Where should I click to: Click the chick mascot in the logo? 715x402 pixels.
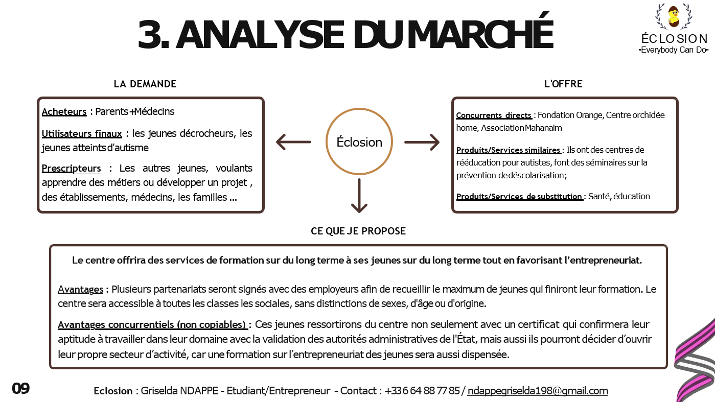(x=674, y=16)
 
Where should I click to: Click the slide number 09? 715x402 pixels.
(x=21, y=389)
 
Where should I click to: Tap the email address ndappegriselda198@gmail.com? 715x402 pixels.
(x=538, y=391)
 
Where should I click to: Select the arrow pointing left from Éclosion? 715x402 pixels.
(x=293, y=142)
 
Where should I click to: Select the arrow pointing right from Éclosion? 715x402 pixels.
(x=422, y=142)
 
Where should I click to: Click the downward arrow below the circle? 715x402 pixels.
(x=359, y=196)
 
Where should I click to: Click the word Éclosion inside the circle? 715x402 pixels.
(x=359, y=142)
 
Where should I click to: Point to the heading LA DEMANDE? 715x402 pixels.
(x=145, y=84)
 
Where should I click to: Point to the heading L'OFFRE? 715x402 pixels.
(x=563, y=84)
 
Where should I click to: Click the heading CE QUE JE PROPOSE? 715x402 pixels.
(x=358, y=231)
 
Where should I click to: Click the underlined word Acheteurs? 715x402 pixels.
(x=64, y=112)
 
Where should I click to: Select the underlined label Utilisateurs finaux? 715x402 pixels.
(x=82, y=133)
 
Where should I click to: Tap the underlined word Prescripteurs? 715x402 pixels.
(x=71, y=168)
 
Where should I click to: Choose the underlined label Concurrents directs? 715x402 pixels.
(x=494, y=115)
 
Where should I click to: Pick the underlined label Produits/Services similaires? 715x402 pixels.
(x=509, y=150)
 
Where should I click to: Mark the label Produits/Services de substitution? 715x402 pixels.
(x=519, y=197)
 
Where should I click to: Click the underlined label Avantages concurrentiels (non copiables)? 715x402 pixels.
(x=152, y=324)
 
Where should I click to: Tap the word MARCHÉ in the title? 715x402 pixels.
(x=480, y=34)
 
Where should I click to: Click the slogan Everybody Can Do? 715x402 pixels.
(x=674, y=50)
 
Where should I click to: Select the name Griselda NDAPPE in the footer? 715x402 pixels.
(x=179, y=391)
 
